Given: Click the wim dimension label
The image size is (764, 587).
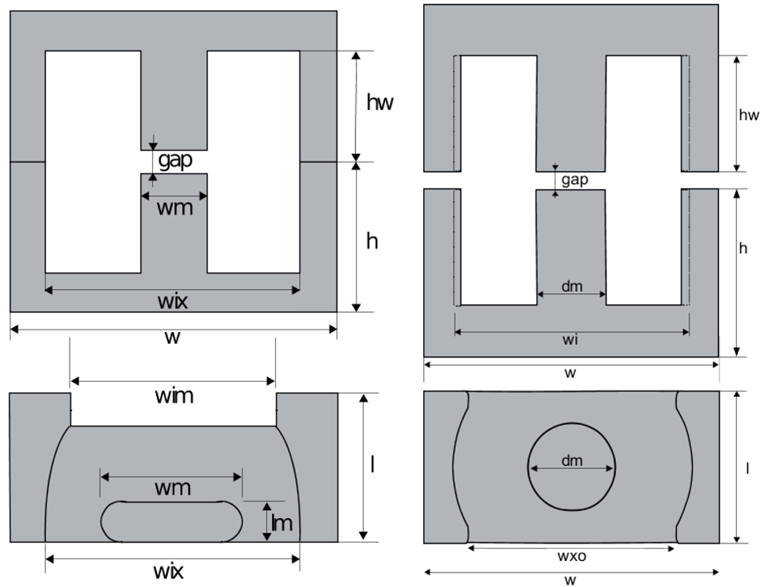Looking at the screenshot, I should pos(174,395).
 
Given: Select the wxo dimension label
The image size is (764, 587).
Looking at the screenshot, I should pos(571,557).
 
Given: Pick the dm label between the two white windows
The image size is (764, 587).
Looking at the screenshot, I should pos(571,287).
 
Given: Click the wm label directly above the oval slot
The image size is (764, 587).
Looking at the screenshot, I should pos(172,487).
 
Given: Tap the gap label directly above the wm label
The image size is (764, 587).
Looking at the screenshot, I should pos(175,161).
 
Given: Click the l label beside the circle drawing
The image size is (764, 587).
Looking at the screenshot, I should pos(747,468).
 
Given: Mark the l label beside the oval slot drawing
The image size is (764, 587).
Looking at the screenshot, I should pos(372,464).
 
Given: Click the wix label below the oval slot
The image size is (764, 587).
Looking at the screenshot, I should pos(174,570).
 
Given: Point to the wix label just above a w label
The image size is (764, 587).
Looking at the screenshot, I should pos(174,301).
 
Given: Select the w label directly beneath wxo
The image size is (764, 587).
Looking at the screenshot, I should pos(570,581).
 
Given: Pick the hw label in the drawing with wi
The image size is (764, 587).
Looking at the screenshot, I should pos(749,116).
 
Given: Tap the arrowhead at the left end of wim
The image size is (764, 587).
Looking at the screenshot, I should pos(74,382).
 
